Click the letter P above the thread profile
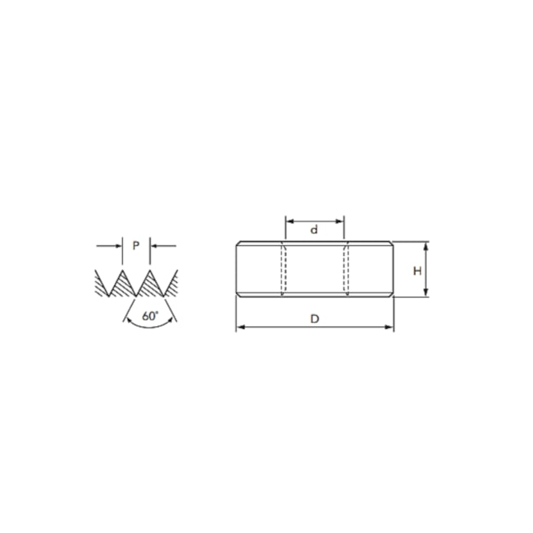click(136, 245)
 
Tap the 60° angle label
click(150, 315)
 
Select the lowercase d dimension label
click(314, 230)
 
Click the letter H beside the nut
click(417, 270)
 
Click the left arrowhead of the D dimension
click(239, 328)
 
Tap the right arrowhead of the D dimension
click(390, 328)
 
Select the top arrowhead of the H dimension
click(426, 245)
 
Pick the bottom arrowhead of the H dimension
click(426, 294)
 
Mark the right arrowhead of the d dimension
click(340, 220)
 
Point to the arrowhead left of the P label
click(116, 245)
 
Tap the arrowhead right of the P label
click(156, 245)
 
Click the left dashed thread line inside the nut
click(284, 271)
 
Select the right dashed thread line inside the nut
click(346, 271)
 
